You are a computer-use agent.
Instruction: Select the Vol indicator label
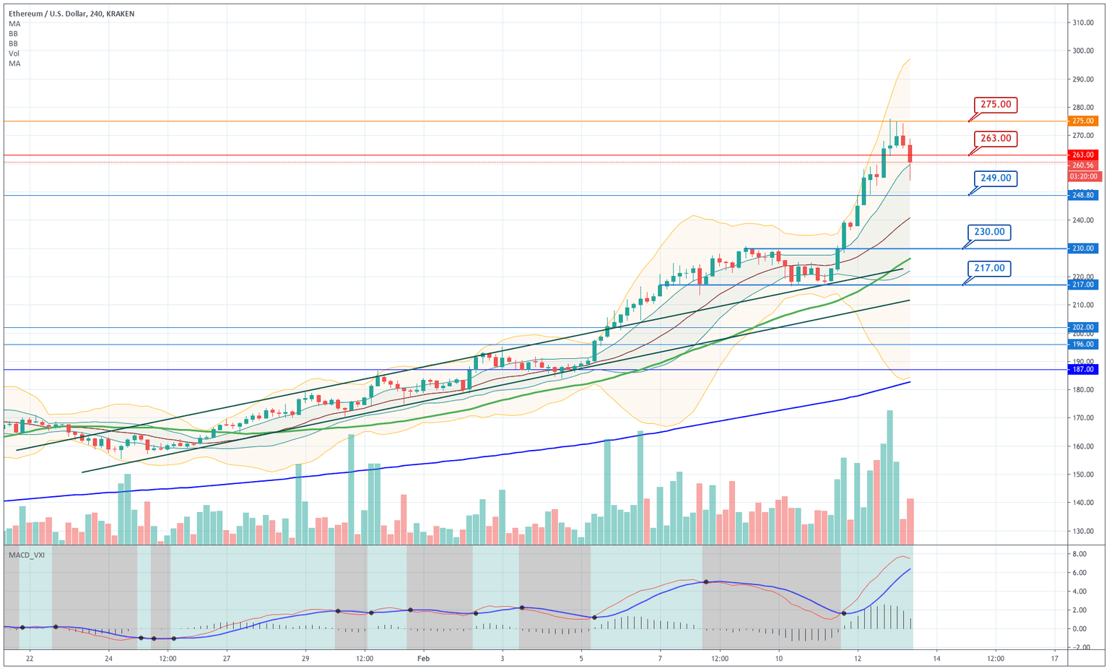click(14, 53)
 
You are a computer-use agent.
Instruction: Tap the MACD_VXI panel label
click(27, 555)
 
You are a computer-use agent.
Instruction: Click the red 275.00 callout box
click(995, 105)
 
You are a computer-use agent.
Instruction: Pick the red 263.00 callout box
click(995, 138)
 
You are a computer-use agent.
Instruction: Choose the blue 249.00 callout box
click(995, 178)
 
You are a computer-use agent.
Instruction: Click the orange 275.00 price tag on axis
click(1083, 121)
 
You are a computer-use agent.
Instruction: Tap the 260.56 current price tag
click(1083, 165)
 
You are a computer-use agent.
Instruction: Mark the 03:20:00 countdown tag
click(1083, 176)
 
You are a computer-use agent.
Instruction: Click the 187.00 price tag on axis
click(1083, 370)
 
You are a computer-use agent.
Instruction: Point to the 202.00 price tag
click(1083, 327)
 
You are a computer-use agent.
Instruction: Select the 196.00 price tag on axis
click(1083, 345)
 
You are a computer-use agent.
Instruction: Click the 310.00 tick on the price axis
click(1082, 22)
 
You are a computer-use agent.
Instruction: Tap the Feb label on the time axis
click(423, 659)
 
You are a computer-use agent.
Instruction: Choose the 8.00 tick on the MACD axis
click(1079, 554)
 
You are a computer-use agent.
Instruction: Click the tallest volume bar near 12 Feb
click(890, 477)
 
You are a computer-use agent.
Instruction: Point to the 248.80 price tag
click(1083, 195)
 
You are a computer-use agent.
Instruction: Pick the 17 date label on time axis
click(1055, 659)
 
